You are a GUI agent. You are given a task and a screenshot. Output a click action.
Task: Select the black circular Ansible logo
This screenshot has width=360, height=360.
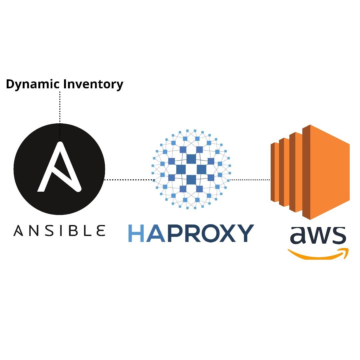(59, 169)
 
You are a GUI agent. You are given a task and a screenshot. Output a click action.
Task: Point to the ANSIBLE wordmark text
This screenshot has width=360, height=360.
(59, 230)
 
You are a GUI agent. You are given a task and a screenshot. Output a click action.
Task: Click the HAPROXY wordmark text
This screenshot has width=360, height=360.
(191, 233)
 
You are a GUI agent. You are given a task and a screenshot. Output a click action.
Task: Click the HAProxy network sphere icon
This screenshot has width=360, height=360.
(191, 169)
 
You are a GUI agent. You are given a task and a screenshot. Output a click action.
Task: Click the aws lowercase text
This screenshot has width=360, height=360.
(318, 235)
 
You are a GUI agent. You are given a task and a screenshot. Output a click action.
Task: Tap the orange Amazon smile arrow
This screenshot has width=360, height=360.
(318, 254)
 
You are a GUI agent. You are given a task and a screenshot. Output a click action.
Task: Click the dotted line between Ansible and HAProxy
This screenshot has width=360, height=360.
(128, 180)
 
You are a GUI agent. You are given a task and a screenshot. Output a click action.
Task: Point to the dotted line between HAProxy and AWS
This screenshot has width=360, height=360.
(250, 180)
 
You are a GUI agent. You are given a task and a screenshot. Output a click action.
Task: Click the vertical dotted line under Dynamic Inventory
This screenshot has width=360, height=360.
(60, 110)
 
